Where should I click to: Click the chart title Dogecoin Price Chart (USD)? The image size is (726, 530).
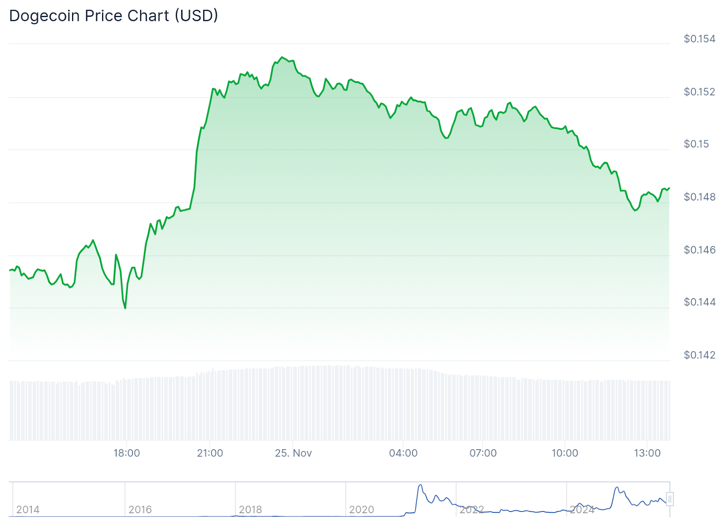[113, 16]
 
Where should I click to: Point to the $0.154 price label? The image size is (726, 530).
[699, 39]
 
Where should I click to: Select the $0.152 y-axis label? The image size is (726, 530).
[699, 92]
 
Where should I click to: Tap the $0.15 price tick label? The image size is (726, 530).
[696, 144]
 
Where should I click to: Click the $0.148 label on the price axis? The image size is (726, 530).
[699, 197]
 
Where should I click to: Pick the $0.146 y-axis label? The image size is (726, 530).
[699, 250]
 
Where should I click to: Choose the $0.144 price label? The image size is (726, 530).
[699, 302]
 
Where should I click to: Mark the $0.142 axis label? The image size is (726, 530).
[699, 355]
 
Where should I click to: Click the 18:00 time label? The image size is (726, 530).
[127, 453]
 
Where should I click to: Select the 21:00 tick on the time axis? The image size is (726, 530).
[210, 453]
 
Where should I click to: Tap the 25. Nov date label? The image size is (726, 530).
[293, 453]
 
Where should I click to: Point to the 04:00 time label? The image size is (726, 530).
[403, 453]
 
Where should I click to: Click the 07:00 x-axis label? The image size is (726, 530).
[483, 453]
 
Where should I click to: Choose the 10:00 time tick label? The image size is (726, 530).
[564, 453]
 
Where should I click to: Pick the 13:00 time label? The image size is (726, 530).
[647, 453]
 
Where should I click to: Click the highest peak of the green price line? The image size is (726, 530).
[282, 57]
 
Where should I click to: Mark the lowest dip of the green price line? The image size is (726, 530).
[125, 309]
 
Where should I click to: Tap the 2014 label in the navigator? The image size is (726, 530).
[28, 510]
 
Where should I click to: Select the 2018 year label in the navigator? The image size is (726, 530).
[250, 510]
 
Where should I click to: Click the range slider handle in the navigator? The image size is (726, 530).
[670, 499]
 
